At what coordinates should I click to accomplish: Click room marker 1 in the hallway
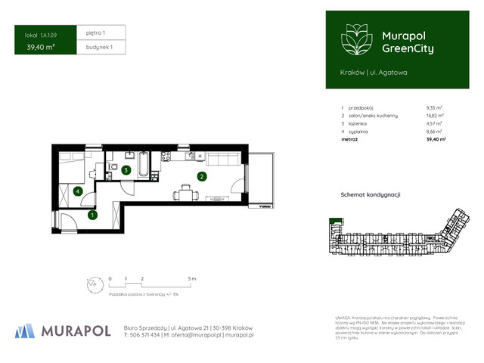click(x=92, y=215)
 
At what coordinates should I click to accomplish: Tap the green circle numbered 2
click(x=201, y=177)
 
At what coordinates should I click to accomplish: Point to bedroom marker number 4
click(x=79, y=191)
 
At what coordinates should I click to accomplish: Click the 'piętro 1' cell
click(x=96, y=33)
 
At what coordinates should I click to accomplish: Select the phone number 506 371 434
click(x=144, y=334)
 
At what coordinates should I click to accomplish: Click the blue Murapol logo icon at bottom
click(x=25, y=330)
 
